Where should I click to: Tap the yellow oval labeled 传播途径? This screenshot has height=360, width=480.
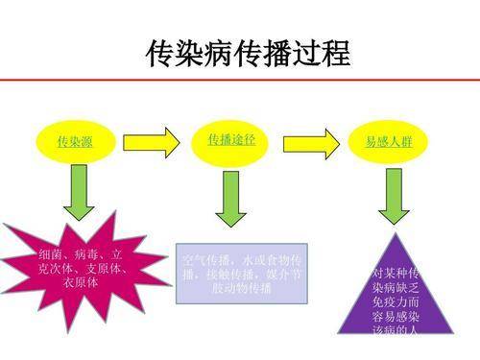(231, 140)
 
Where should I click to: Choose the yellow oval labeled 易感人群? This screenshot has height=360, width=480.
(389, 142)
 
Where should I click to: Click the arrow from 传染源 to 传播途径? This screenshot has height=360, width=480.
(151, 142)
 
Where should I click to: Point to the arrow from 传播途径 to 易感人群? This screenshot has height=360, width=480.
(310, 142)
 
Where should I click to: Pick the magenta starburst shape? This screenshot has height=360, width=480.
(79, 270)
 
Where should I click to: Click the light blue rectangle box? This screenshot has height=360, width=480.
(241, 273)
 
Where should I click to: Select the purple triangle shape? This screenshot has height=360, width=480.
(395, 288)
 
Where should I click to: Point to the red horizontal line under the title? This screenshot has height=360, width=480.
(240, 82)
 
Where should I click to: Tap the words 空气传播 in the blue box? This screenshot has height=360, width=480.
(204, 261)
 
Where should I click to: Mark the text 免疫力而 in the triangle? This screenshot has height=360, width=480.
(395, 300)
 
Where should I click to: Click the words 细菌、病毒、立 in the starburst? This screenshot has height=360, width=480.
(81, 255)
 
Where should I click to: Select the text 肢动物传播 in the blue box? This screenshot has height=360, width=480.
(241, 287)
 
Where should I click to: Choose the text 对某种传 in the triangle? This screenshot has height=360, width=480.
(395, 273)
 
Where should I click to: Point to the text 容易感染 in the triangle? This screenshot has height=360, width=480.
(395, 314)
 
